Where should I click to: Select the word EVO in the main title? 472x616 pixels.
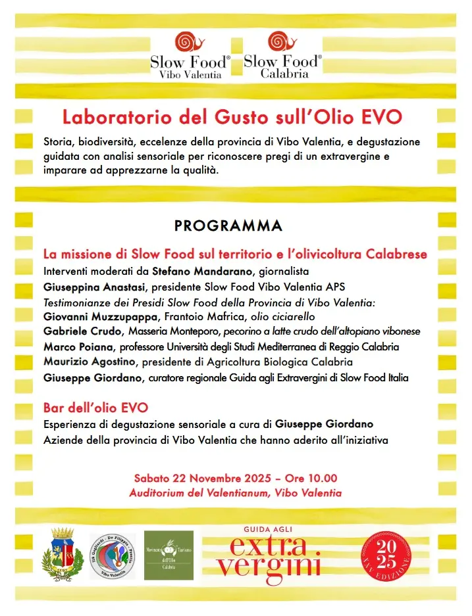[382, 118]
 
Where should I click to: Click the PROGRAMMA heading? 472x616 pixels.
[228, 225]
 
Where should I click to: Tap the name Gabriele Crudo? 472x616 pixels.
[82, 331]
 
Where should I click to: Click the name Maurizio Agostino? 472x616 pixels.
[88, 362]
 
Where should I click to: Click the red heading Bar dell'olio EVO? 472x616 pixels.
[95, 408]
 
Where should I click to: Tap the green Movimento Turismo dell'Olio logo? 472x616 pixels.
[169, 555]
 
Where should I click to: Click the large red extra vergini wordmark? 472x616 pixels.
[269, 556]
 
